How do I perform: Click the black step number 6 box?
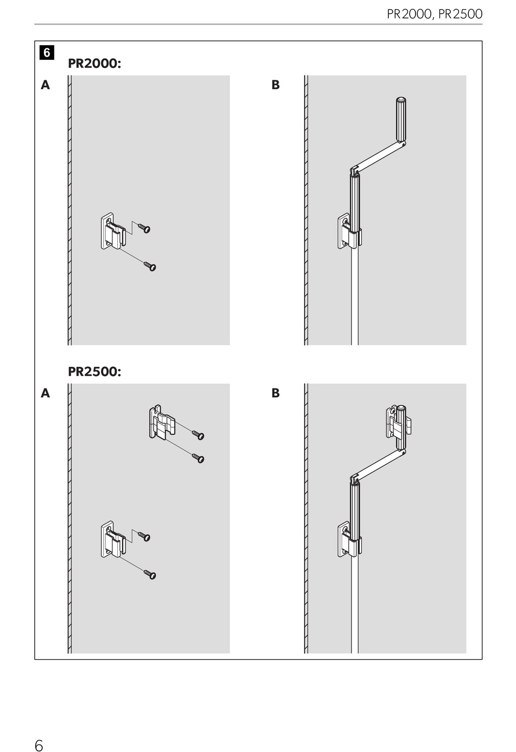coord(47,53)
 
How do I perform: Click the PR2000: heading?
coord(94,64)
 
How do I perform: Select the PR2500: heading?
coord(94,372)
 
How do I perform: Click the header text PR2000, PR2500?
coord(434,14)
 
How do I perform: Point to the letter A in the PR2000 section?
coord(45,85)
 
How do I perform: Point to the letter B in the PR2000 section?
coord(275,85)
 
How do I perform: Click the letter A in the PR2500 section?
coord(45,393)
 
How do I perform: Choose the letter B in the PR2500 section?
coord(275,393)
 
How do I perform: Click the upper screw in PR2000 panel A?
coord(144,228)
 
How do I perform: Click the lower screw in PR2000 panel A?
coord(150,266)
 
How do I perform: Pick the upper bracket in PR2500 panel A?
coord(162,422)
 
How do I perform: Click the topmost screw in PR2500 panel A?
coord(198,435)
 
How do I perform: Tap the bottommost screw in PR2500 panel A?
coord(150,574)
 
